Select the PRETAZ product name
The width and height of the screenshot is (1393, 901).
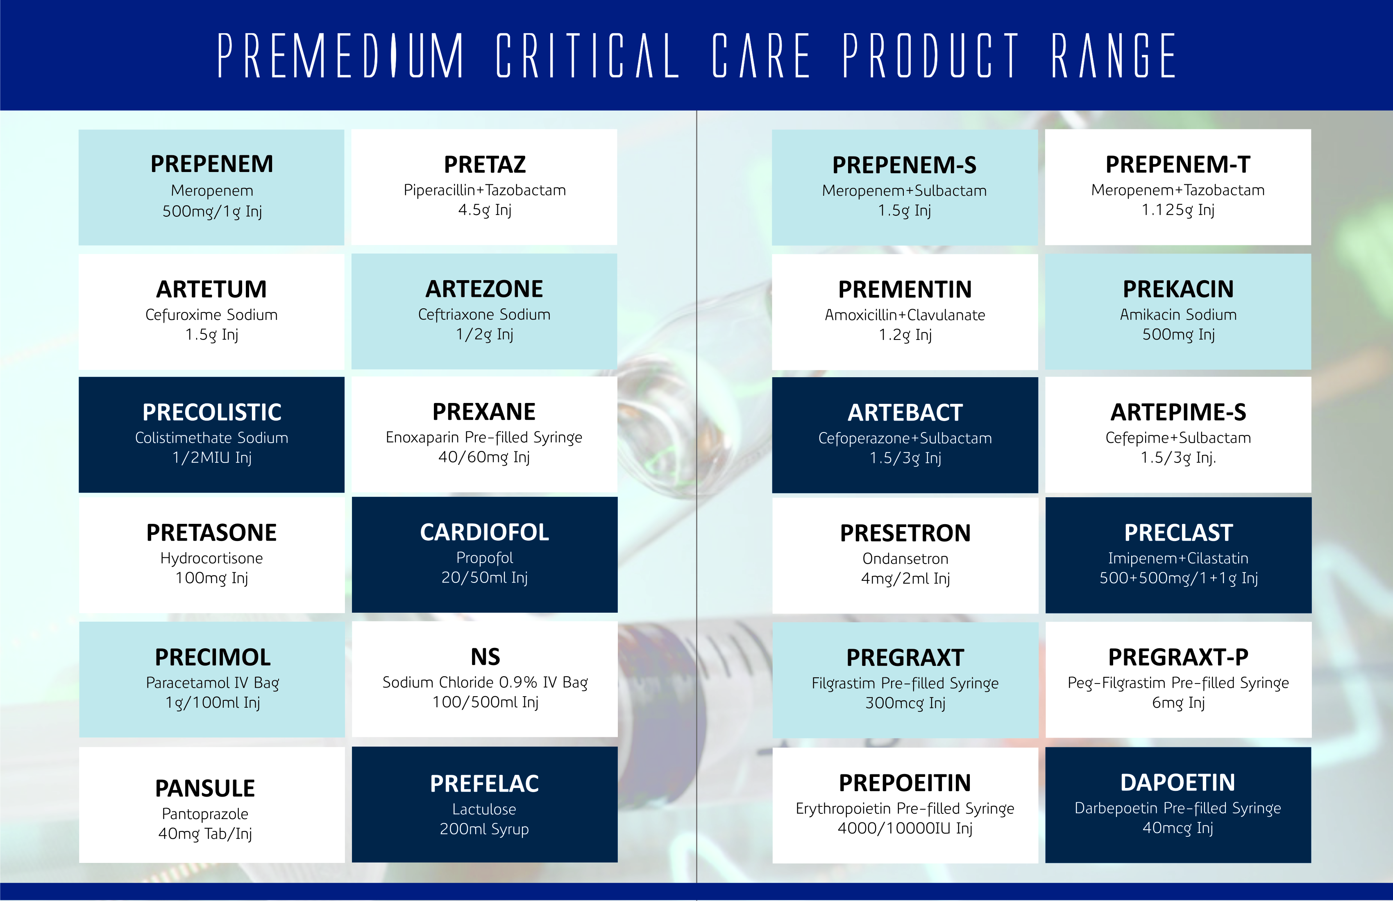[485, 164]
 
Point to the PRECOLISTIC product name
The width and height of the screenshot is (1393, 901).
[212, 412]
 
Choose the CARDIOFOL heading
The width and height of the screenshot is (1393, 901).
[485, 532]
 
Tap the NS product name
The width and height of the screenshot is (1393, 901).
[485, 657]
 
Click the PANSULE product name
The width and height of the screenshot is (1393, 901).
[205, 788]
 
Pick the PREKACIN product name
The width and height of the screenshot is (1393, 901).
[1178, 289]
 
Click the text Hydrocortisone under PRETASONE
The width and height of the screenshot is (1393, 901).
[212, 559]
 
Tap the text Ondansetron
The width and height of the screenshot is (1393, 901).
[905, 559]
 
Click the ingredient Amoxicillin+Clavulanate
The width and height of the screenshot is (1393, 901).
[905, 315]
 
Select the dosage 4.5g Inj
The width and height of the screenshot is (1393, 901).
[485, 210]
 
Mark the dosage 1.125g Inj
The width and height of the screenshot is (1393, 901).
[1178, 210]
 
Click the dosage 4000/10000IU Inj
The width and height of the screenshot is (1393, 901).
[905, 829]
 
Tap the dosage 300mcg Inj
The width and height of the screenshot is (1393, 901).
[905, 703]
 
